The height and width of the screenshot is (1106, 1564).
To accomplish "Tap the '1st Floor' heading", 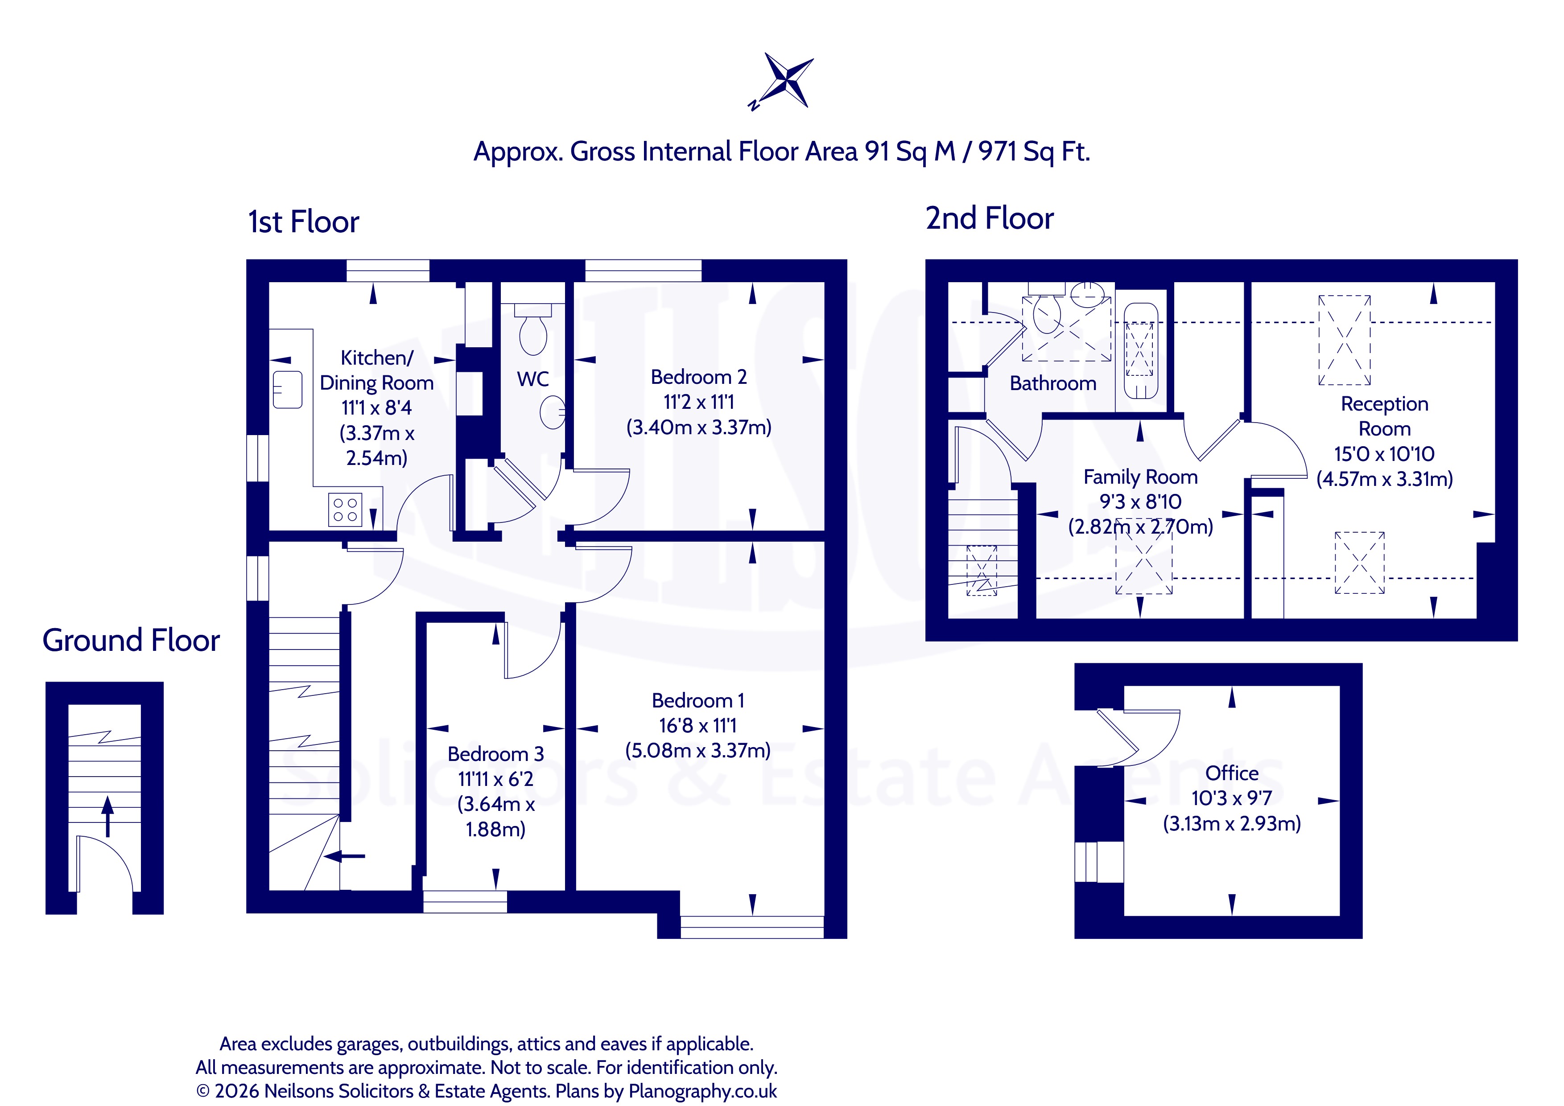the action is click(303, 222).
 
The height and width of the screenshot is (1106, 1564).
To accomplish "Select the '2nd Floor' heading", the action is click(989, 218).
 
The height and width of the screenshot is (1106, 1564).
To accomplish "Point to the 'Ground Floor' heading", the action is click(132, 640).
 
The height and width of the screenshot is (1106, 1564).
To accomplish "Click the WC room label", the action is click(532, 379).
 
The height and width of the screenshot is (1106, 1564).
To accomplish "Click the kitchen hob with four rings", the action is click(345, 510).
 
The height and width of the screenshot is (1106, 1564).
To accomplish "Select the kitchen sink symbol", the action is click(288, 390).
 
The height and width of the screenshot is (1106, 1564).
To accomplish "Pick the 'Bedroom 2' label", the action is click(699, 377).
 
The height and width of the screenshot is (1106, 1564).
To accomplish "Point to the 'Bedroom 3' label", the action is click(496, 754).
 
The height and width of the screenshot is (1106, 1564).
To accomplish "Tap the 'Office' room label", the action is click(1232, 773).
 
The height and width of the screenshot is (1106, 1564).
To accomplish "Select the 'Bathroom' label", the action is click(1053, 383).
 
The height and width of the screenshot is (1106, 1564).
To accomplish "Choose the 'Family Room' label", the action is click(1140, 477).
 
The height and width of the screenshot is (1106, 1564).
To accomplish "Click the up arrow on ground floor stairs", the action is click(107, 816).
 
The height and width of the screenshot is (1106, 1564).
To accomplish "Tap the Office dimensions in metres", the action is click(1232, 823).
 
